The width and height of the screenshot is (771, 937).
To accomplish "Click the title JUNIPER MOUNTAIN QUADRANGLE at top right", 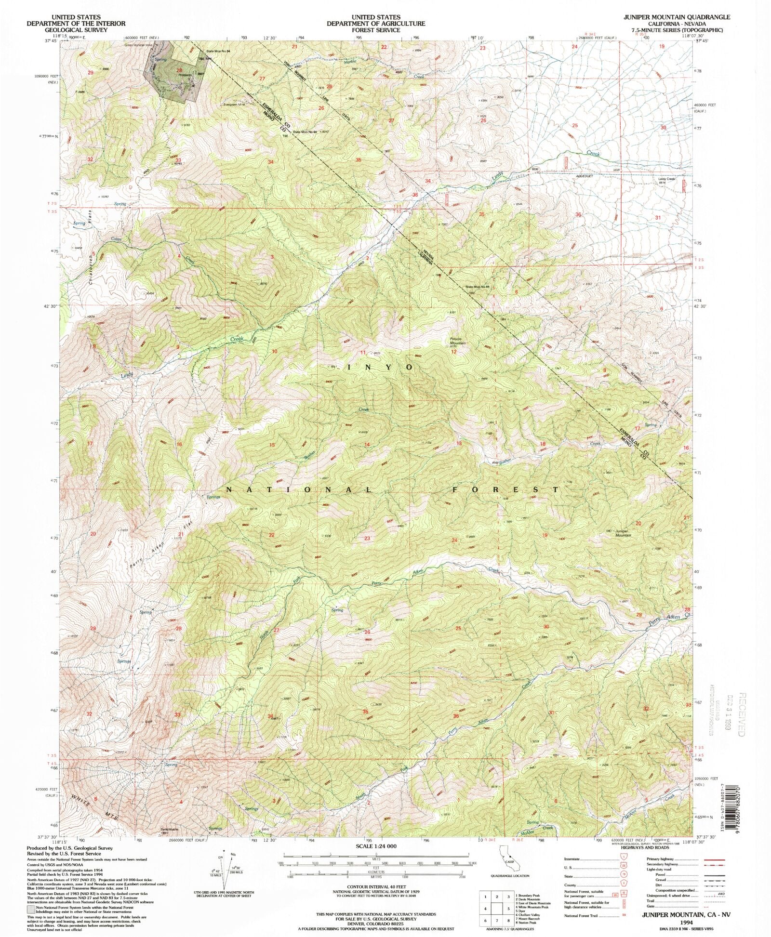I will click(x=675, y=16).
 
